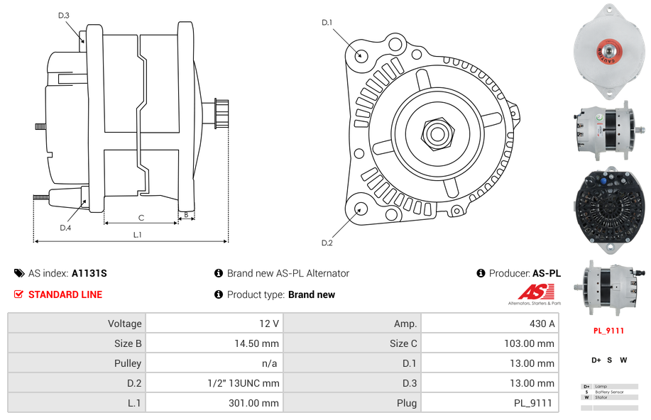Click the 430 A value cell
[537, 324]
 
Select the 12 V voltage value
[268, 324]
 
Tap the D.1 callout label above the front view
[327, 23]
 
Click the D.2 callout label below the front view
[327, 243]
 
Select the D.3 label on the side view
[64, 15]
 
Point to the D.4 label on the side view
[65, 228]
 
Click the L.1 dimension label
[137, 234]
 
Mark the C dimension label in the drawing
[141, 218]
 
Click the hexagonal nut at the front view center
[436, 132]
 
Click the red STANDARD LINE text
[65, 294]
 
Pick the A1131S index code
[89, 273]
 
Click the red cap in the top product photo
[608, 52]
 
